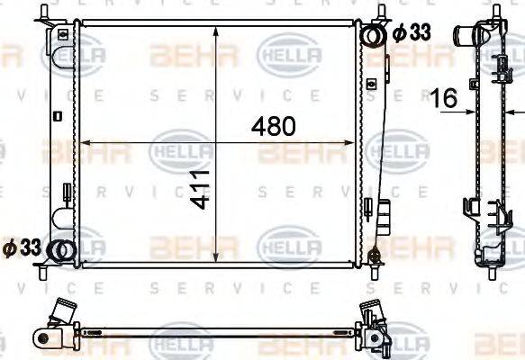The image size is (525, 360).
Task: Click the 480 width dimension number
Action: point(275,127)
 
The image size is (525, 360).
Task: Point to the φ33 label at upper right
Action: point(412,32)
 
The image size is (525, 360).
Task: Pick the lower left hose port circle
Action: point(60,251)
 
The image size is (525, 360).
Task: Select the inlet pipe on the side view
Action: point(466,37)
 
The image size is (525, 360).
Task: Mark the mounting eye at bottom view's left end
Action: point(41,337)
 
